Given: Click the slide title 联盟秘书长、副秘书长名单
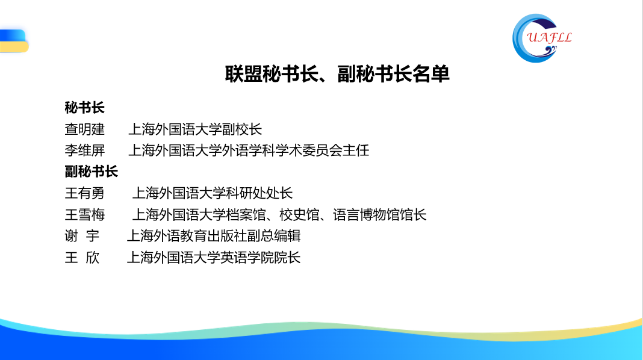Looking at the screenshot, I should click(x=338, y=75).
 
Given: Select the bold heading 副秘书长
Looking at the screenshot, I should click(x=91, y=172).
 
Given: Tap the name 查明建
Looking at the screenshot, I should click(x=84, y=129).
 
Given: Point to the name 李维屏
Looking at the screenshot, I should click(x=84, y=151).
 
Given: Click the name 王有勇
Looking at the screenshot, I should click(x=84, y=193).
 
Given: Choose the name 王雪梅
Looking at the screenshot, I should click(x=84, y=215).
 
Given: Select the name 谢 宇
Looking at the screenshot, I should click(x=82, y=236).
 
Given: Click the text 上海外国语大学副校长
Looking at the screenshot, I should click(x=195, y=129).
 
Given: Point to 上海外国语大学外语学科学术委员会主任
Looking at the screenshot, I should click(x=248, y=151).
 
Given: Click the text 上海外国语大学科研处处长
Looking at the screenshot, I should click(x=212, y=193).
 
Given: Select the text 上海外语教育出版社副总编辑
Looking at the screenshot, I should click(x=213, y=236).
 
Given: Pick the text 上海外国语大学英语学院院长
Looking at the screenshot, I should click(x=213, y=258).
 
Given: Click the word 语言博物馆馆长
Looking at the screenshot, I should click(x=380, y=215).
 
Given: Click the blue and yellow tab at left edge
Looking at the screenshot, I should click(x=13, y=41).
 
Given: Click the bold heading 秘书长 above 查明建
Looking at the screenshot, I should click(x=84, y=108).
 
